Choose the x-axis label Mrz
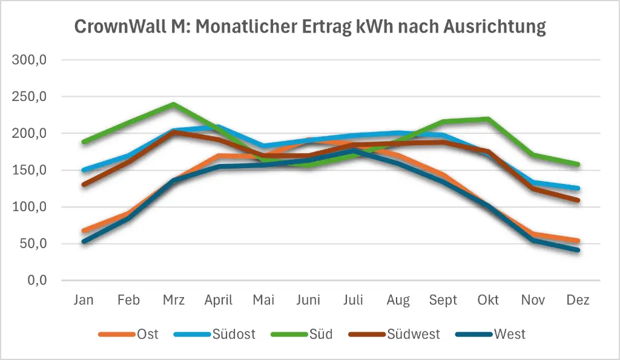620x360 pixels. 173,300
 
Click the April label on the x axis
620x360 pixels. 218,300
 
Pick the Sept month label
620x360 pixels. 443,300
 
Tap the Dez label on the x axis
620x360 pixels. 578,300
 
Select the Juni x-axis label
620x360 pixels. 308,300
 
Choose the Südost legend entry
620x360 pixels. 232,334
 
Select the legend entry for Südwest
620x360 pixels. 414,334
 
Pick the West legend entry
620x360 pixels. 509,334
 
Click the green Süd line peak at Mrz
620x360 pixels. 173,104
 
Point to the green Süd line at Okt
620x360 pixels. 488,119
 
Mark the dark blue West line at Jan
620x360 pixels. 84,241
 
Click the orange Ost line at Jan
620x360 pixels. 84,231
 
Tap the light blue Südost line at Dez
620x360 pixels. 578,188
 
